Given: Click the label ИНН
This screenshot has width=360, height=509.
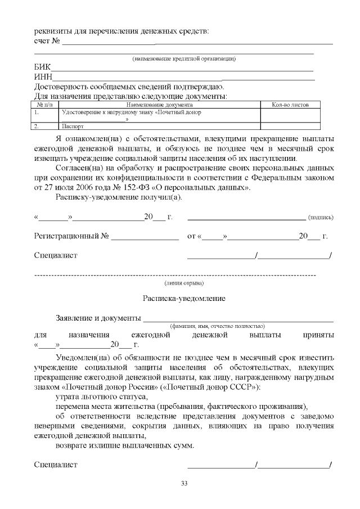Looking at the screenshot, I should (x=44, y=77).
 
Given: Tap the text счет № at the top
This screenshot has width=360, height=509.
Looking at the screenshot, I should (x=47, y=40).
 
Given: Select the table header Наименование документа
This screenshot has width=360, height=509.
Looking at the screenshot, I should (x=159, y=105).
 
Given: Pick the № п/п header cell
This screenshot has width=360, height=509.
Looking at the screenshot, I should (x=44, y=105).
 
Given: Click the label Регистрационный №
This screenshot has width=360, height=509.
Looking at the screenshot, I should (x=71, y=236).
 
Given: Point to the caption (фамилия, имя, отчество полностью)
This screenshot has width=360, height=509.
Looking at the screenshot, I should (x=218, y=326).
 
